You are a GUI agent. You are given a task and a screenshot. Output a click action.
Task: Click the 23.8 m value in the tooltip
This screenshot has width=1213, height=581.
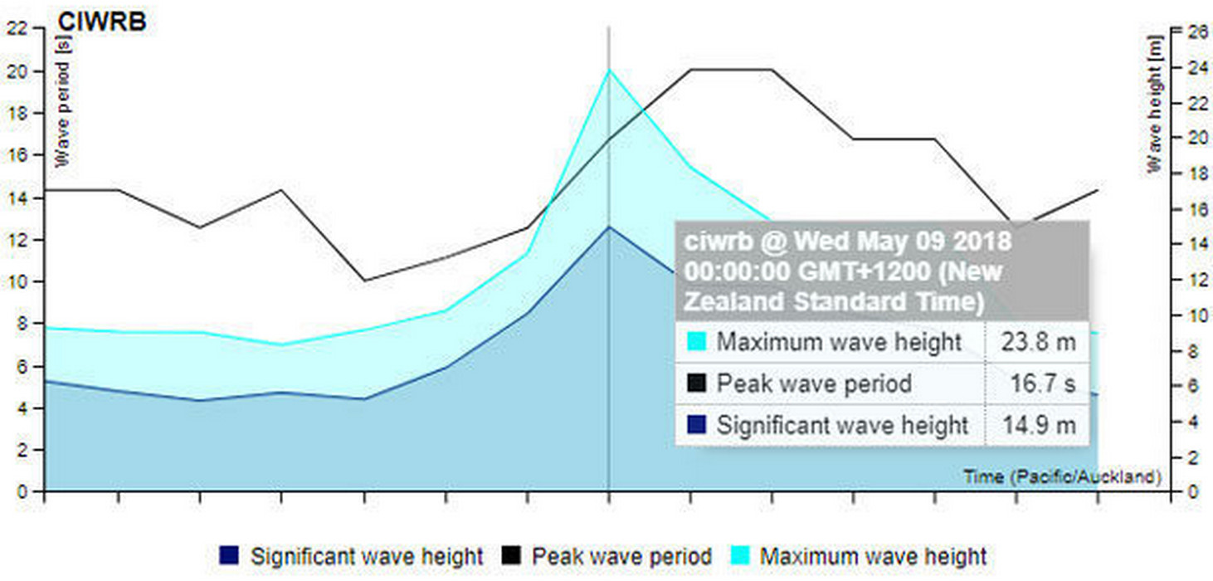(x=1037, y=341)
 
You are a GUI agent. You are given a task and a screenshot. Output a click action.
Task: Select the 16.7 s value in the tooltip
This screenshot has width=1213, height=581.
(x=1042, y=383)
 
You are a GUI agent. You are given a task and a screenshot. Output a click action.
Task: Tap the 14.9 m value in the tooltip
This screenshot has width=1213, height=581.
(x=1038, y=426)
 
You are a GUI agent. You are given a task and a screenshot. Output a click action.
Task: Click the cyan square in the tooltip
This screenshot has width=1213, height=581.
(x=697, y=341)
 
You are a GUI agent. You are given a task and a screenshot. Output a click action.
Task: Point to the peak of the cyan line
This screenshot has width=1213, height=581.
(x=609, y=70)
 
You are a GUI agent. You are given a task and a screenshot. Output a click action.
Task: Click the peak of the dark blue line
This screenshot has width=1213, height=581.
(x=609, y=227)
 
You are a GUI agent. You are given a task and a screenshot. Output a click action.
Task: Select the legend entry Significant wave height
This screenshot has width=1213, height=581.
(x=366, y=555)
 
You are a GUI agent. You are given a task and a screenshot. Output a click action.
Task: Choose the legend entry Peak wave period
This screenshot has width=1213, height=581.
(x=621, y=555)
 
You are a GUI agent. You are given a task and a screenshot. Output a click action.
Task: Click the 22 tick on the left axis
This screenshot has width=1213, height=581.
(x=18, y=28)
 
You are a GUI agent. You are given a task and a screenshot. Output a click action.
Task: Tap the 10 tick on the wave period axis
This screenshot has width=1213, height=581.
(x=18, y=281)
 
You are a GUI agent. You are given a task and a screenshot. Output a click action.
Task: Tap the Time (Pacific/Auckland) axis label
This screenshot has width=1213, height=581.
(x=1062, y=476)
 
